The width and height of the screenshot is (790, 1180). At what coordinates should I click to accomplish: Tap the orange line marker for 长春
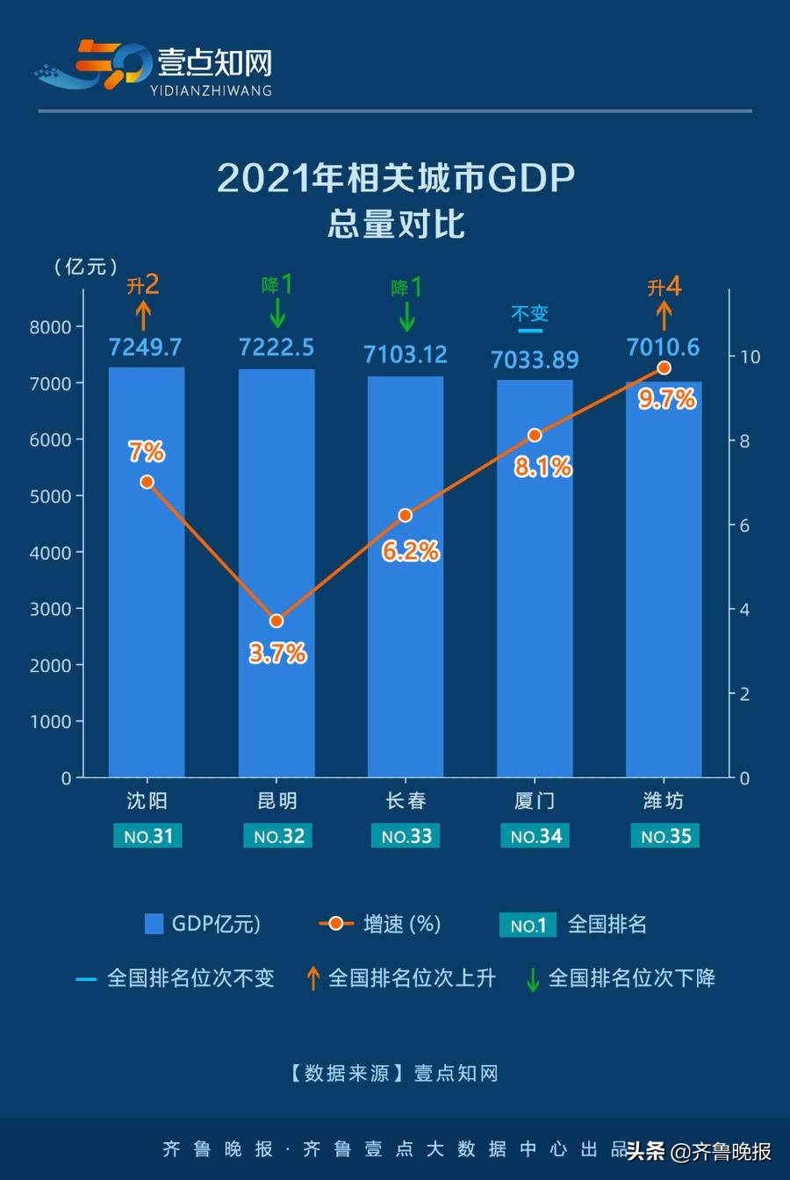tap(406, 515)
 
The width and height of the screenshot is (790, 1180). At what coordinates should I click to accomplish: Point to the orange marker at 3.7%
tap(276, 620)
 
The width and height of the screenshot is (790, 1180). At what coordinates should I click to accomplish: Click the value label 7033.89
tap(535, 360)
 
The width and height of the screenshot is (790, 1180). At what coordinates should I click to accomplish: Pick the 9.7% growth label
tap(667, 399)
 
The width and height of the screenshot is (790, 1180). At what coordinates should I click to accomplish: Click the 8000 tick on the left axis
tap(50, 327)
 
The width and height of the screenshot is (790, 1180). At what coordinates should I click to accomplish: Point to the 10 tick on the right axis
tap(750, 357)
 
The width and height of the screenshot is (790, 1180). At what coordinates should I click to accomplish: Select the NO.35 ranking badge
tap(665, 836)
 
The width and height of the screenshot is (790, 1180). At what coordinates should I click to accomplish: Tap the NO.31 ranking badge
tap(147, 836)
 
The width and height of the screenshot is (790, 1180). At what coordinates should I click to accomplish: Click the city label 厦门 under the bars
tap(535, 801)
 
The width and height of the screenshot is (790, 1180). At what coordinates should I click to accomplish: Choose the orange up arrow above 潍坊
tap(664, 315)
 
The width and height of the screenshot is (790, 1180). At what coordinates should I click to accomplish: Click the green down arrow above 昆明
tap(277, 313)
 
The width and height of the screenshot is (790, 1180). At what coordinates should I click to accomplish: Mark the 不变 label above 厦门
tap(529, 313)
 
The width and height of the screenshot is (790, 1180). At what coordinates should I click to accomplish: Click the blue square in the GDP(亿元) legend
tap(154, 924)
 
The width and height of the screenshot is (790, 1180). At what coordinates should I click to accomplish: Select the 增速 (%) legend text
tap(402, 924)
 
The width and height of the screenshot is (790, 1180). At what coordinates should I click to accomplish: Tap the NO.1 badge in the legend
tap(528, 925)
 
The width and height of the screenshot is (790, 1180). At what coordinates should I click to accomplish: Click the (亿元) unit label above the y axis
tap(85, 267)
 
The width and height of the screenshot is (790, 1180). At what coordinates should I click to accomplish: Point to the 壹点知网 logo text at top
tap(214, 63)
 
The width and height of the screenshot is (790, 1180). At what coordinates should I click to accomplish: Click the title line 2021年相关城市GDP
tap(395, 178)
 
